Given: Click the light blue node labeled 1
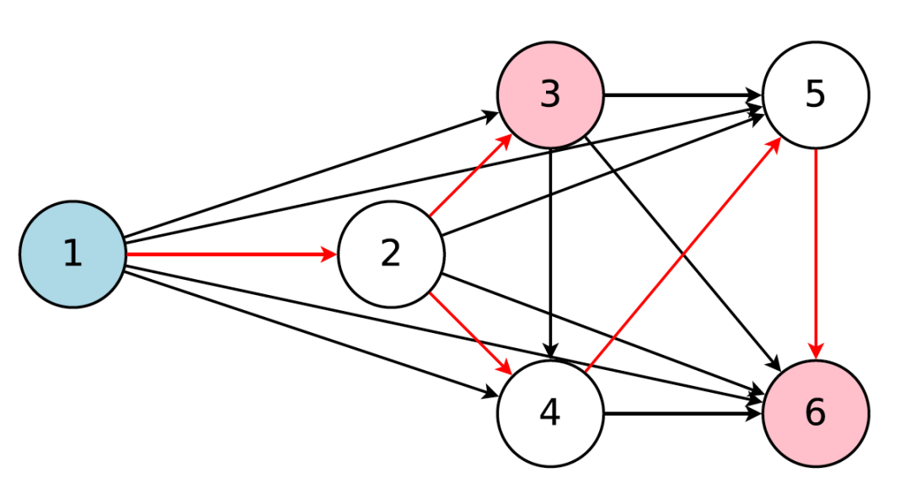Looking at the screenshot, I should [72, 254].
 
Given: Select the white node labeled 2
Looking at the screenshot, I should [391, 254].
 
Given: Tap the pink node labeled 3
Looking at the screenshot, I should [550, 94].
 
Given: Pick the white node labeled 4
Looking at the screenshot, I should [550, 413].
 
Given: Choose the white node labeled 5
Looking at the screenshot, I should [815, 94].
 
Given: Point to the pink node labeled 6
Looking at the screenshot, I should [815, 413].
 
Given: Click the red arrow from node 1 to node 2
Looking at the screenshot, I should [227, 254].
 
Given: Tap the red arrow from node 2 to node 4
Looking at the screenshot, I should [468, 332].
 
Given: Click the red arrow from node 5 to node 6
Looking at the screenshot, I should [815, 253].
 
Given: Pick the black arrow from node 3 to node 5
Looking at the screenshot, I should [682, 94].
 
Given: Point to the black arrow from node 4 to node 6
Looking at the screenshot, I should [682, 413].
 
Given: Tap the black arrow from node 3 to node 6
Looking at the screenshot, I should [682, 254].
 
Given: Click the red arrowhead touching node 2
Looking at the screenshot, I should [329, 254].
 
